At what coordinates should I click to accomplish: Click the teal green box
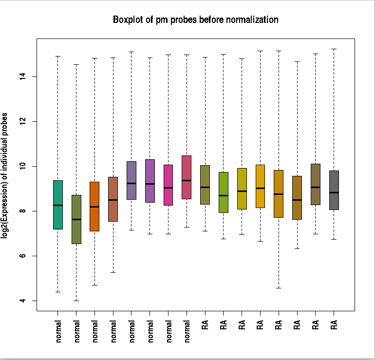58,205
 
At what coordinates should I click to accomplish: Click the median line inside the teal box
58,205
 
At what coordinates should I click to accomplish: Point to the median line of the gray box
334,192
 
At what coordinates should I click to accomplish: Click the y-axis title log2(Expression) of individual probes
5,175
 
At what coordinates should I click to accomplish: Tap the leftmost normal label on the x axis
59,331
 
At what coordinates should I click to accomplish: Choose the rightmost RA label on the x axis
335,324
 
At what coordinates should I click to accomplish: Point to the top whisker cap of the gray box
334,49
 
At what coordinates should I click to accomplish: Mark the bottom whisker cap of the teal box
58,292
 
